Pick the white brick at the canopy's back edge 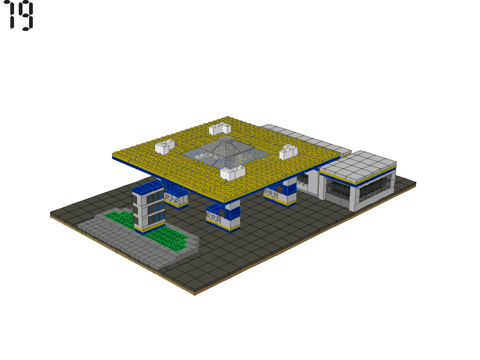220,128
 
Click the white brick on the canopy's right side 289,151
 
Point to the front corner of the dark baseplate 195,293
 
